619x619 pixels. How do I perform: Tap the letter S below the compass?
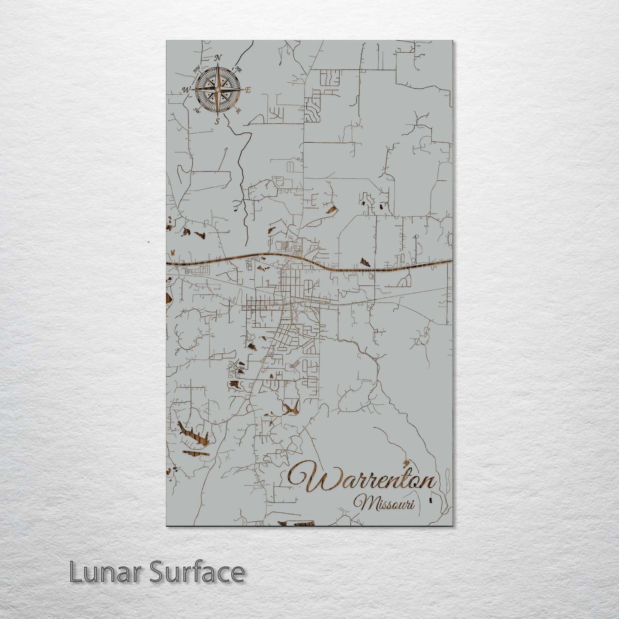217,121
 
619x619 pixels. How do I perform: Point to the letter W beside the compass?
186,90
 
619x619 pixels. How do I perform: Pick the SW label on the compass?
197,110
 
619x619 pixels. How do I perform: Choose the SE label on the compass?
238,110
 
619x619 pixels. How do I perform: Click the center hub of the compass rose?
217,90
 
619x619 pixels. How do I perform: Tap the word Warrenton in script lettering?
362,479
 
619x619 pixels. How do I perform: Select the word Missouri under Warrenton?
384,503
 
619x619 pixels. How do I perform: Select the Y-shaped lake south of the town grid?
291,408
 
